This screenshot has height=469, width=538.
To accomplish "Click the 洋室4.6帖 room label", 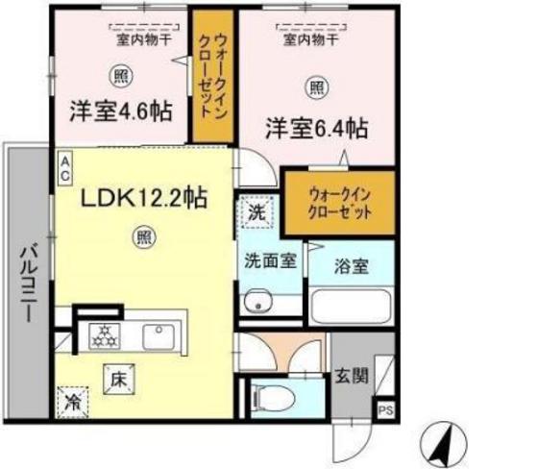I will click(x=120, y=111).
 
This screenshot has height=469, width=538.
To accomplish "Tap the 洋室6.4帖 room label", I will click(x=316, y=126).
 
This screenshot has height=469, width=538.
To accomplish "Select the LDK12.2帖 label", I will click(x=143, y=199).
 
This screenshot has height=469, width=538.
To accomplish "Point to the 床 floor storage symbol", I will click(x=116, y=377).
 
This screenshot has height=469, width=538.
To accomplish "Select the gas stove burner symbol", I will click(x=104, y=335).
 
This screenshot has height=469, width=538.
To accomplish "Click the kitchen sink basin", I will click(x=158, y=335).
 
